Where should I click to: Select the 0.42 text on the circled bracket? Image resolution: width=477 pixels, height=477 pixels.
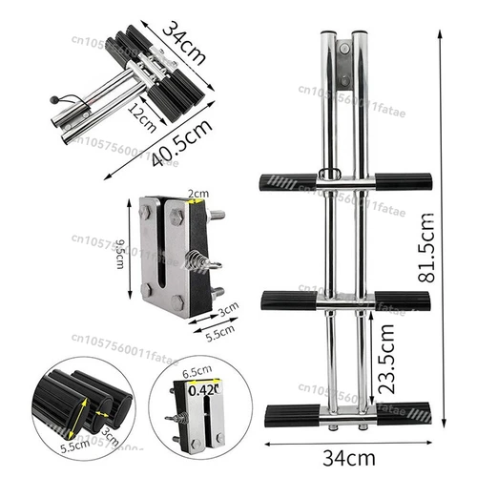coord(200,388)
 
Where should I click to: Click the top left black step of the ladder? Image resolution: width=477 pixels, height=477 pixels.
coord(286,181)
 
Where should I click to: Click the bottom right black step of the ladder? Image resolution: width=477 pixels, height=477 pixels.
coord(403,415)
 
